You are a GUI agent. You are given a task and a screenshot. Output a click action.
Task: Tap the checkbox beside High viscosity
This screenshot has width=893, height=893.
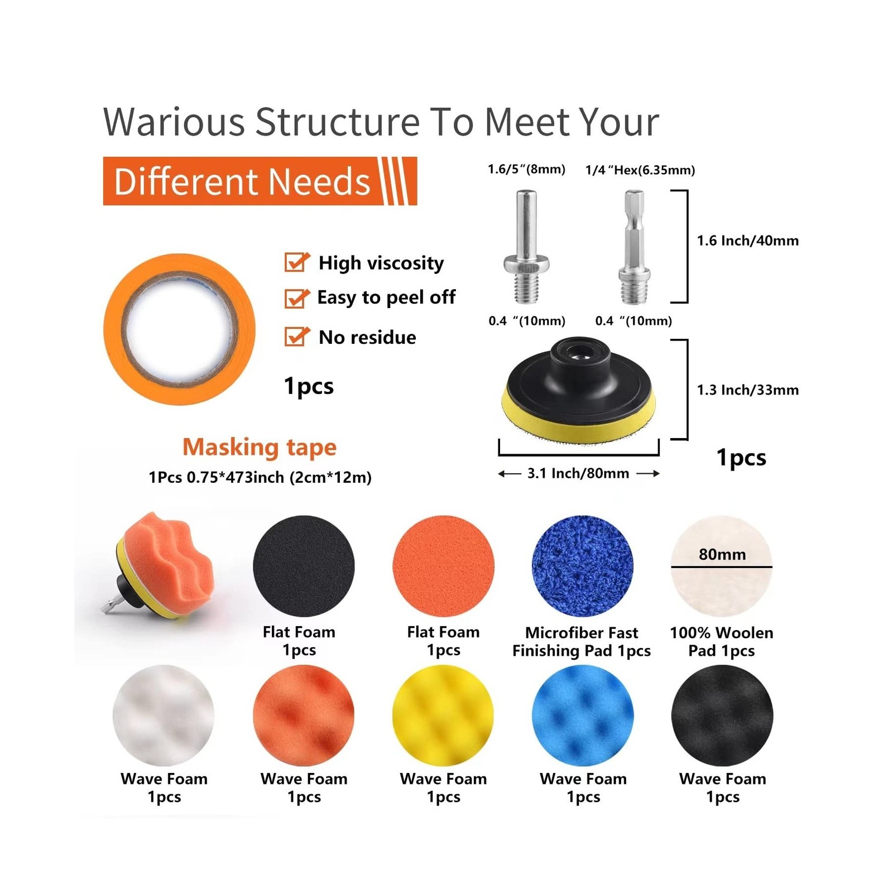[297, 262]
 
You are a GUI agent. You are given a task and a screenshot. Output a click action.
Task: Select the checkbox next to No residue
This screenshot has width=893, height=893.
[297, 337]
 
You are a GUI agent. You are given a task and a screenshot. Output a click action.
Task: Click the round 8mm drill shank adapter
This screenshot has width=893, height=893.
[526, 247]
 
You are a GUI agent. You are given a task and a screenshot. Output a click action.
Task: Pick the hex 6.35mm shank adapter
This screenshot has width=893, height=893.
[635, 247]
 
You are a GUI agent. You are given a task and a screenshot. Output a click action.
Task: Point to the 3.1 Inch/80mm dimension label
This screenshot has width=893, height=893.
[578, 473]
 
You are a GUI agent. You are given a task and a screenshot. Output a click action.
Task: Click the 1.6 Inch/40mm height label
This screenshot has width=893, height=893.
[748, 241]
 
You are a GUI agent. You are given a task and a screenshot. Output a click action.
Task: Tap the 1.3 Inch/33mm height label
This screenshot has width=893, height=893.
[748, 390]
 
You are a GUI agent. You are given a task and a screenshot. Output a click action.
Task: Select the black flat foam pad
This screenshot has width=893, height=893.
[304, 566]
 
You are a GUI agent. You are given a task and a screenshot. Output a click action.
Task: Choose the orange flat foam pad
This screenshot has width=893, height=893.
[444, 566]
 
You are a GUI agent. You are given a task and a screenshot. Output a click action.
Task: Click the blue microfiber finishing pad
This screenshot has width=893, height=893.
[583, 566]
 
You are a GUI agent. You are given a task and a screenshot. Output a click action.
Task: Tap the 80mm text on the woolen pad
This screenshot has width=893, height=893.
[722, 554]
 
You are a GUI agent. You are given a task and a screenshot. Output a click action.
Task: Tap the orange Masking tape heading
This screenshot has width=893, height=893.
[260, 447]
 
